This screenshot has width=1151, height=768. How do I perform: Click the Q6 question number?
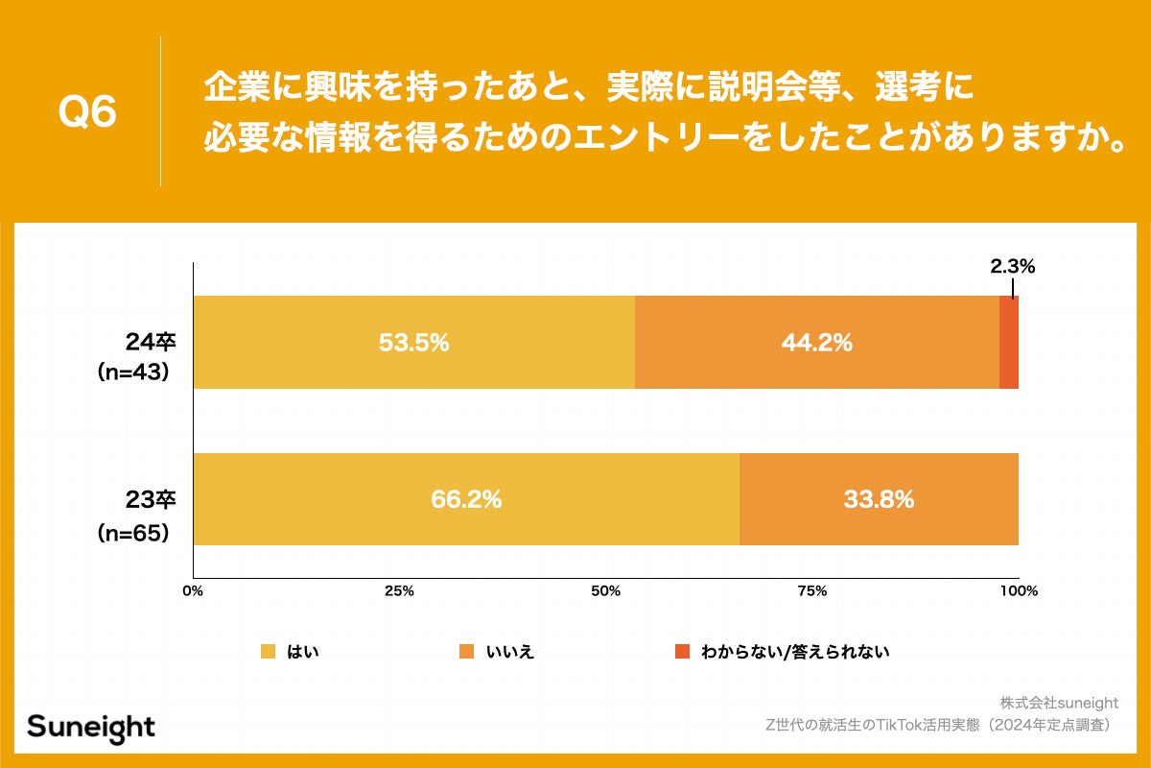pos(87,113)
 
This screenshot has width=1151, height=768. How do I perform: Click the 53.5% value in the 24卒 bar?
pos(413,343)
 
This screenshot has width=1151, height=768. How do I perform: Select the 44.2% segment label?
pos(817,343)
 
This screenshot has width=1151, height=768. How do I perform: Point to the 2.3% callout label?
pos(1013,267)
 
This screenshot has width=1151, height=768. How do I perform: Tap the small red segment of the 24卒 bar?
pos(1009,343)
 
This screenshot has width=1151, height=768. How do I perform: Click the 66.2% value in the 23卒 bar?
pos(466,499)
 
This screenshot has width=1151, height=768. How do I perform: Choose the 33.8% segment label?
pos(879,499)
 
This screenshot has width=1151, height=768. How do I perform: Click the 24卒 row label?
pos(149,343)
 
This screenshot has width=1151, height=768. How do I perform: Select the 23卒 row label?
pos(149,499)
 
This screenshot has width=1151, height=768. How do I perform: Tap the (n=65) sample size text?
pos(134,532)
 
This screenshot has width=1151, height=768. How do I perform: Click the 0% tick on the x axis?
pos(194,591)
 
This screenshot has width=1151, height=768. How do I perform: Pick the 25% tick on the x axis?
pos(399,591)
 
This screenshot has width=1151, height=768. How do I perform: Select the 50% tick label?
pos(605,591)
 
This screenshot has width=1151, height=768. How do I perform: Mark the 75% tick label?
pos(812,591)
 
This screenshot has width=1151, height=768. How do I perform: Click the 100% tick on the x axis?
pos(1019,591)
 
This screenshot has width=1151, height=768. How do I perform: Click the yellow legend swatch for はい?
pos(268,652)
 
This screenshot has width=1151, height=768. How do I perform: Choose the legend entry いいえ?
pos(509,652)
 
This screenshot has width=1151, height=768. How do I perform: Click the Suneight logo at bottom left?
pos(91,727)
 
